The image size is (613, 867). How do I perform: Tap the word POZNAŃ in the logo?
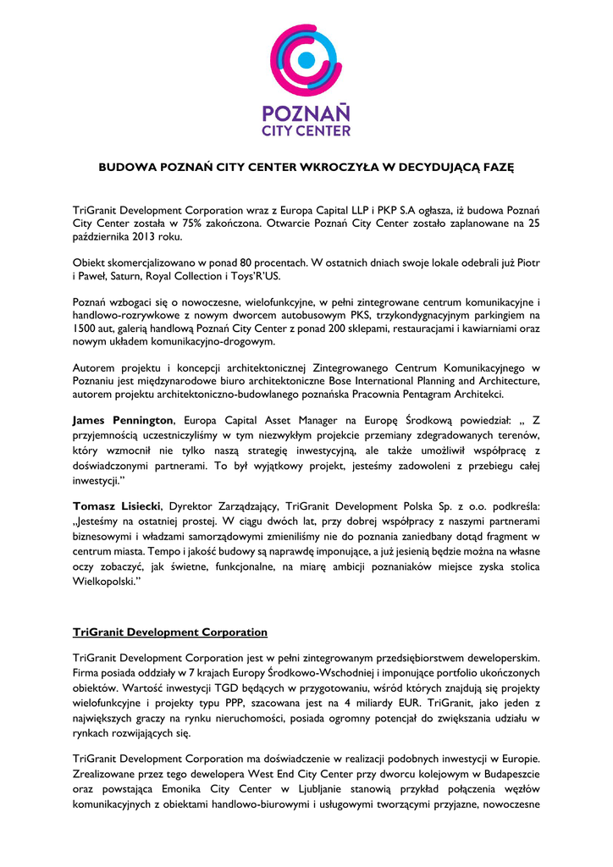point(306,113)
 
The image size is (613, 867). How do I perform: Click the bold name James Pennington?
point(124,420)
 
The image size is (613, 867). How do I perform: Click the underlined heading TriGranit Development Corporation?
point(170,632)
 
